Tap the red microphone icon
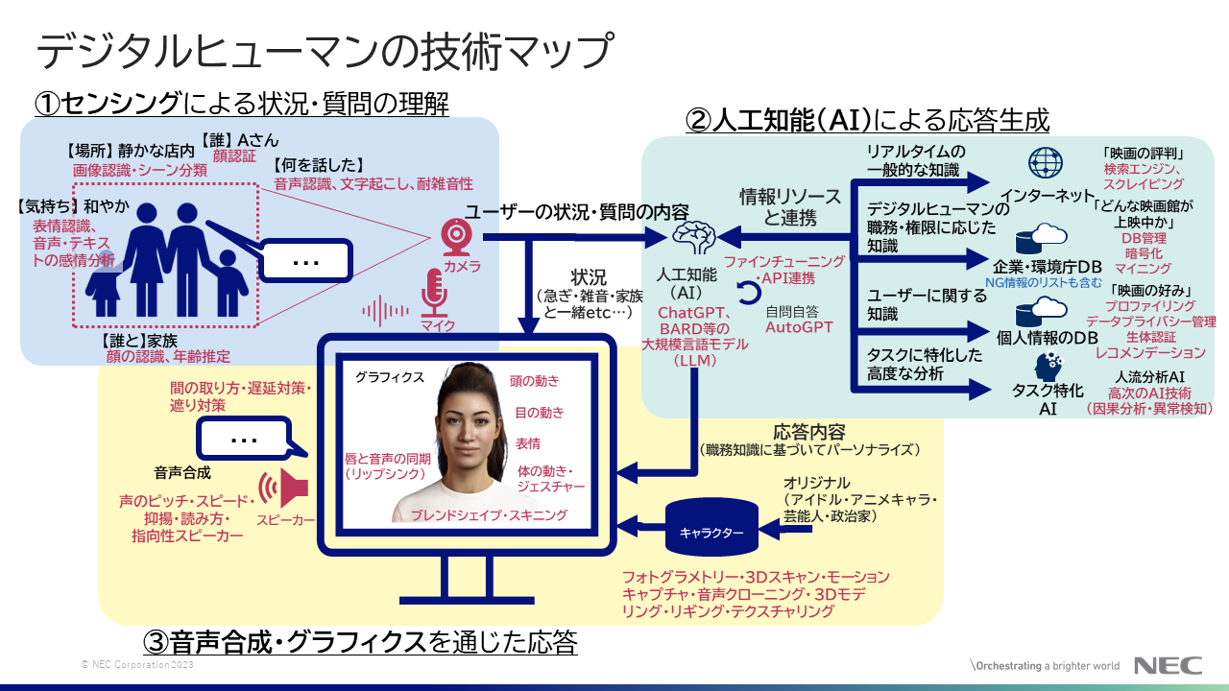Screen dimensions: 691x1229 click(436, 292)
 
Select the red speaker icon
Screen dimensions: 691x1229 click(285, 489)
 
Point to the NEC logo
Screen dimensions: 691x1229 click(1167, 666)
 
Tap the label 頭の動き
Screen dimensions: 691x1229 click(535, 380)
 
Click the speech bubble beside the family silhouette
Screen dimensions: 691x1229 click(304, 260)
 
